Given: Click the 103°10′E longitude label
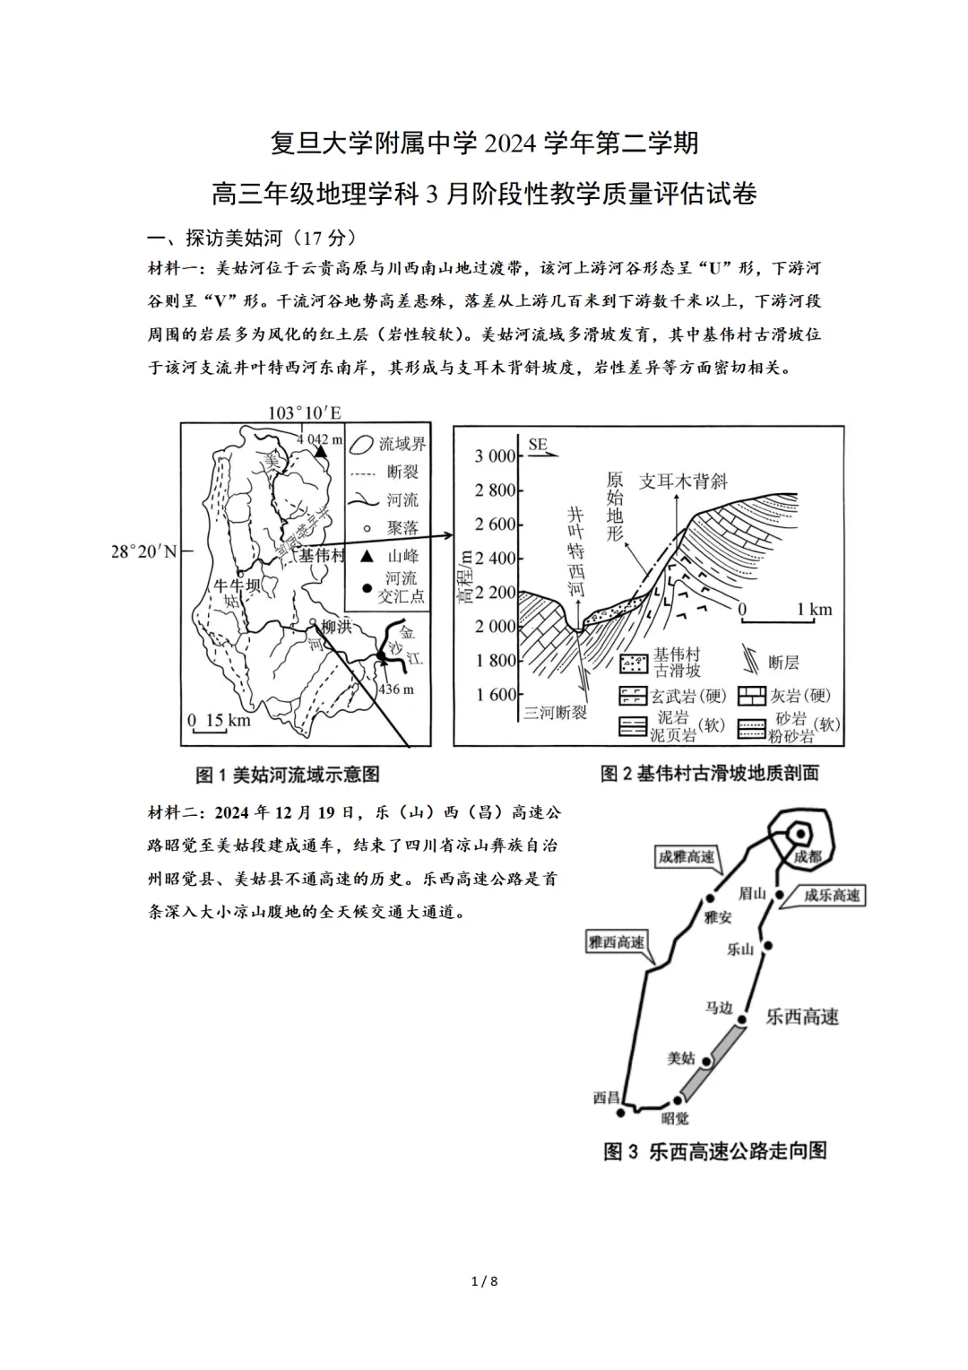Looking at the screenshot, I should coord(305,412).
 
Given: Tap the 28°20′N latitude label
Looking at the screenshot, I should coord(143,551).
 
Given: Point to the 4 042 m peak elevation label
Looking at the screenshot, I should coord(319,439).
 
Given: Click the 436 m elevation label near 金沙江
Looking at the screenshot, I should coord(395,689).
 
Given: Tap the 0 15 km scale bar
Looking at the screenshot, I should coord(218,722).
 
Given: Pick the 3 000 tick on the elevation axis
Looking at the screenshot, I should coord(495,455).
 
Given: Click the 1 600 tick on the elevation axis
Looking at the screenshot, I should coord(495,694).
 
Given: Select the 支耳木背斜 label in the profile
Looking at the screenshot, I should coord(683,481).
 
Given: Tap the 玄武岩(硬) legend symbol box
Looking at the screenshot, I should coord(633,696).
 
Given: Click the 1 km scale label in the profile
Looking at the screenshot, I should coord(814,610).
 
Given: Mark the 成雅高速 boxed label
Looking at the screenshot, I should coord(687,858).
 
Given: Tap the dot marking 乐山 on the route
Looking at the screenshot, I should coord(768,946).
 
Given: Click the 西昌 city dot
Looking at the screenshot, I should coord(621,1113).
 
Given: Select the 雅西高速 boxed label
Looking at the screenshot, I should coord(616,942).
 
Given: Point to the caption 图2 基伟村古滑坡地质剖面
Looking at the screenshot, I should coord(709,773).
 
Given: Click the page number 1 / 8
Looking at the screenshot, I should coord(484,1281).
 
